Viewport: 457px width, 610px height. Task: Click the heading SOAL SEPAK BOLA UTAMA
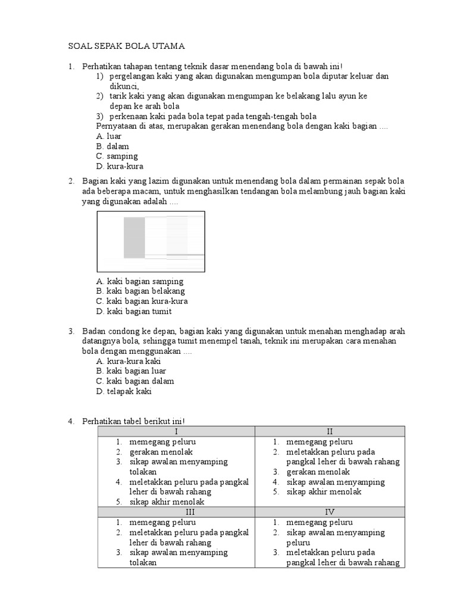pos(126,46)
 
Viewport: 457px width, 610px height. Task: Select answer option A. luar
pos(108,136)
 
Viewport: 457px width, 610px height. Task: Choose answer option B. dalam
pos(112,146)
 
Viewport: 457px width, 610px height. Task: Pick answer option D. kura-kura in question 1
pos(119,166)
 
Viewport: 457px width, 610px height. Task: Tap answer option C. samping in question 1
pos(117,156)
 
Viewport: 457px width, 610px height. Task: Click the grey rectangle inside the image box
pos(134,237)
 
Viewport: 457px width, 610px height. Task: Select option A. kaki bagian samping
pos(139,281)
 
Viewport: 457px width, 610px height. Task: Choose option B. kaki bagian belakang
pos(140,291)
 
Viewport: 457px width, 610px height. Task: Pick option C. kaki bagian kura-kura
pos(142,301)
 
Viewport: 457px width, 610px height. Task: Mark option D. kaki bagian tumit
pos(134,312)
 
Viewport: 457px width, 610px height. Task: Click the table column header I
pos(176,431)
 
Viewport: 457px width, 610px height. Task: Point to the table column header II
pos(330,431)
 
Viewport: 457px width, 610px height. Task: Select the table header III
pos(176,512)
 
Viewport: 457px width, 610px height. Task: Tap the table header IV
pos(330,512)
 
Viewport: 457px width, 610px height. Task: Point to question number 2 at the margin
pos(70,180)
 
